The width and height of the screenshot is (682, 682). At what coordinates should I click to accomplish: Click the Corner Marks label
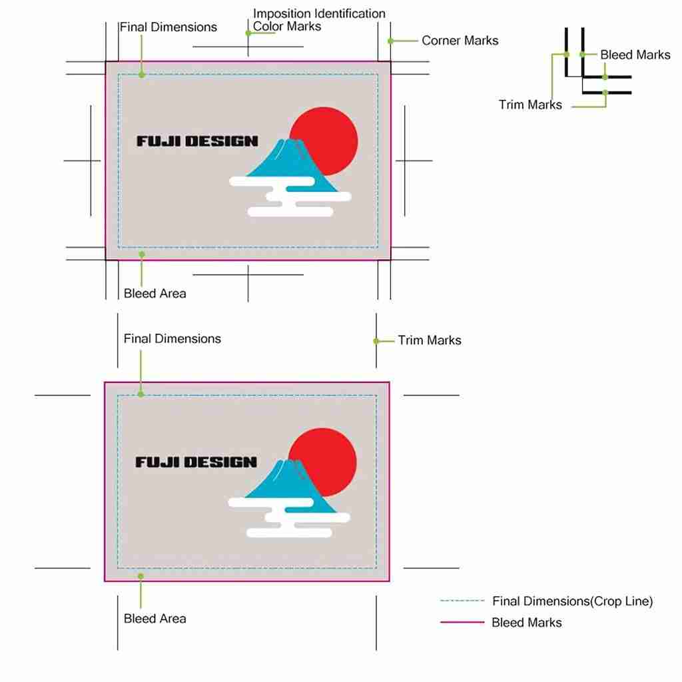(x=460, y=41)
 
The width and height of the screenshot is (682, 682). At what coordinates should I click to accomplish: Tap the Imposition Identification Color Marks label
(x=319, y=20)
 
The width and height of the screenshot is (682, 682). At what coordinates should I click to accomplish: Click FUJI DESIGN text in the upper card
(x=197, y=141)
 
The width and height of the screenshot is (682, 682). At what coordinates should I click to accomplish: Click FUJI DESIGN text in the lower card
(x=196, y=462)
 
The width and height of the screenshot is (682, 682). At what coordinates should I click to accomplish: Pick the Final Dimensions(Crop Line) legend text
(x=572, y=601)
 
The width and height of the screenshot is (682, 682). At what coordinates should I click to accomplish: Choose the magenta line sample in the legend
(x=462, y=622)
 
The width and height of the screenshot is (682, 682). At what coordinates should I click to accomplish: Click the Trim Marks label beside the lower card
(x=430, y=340)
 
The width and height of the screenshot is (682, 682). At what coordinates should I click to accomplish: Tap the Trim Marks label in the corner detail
(x=529, y=105)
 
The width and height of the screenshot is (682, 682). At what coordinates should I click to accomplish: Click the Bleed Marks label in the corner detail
(x=635, y=55)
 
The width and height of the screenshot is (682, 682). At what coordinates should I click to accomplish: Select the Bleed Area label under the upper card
(x=155, y=294)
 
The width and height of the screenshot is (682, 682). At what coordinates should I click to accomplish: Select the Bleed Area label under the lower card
(x=155, y=619)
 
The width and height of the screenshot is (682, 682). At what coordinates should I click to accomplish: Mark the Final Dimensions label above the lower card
(x=172, y=339)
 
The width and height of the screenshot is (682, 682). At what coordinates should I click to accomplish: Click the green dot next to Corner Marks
(x=390, y=41)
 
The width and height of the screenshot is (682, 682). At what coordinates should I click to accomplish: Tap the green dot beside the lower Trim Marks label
(x=376, y=342)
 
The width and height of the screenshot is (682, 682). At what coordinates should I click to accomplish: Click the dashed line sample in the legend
(x=462, y=601)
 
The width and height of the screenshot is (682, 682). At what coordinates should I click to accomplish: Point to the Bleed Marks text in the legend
(x=526, y=623)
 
